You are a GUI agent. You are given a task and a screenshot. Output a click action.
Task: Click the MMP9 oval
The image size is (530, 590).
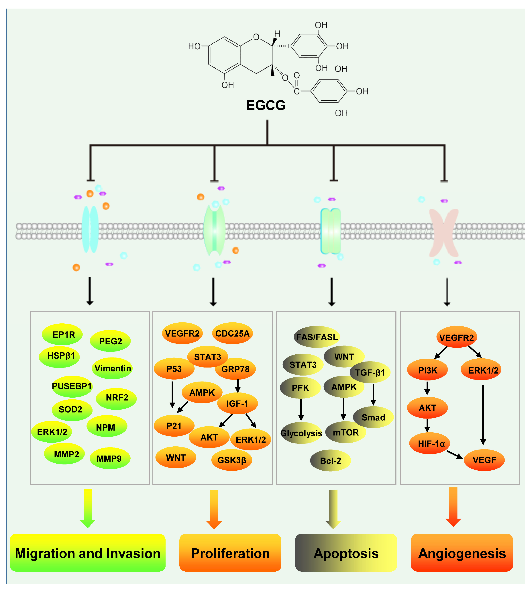pos(109,459)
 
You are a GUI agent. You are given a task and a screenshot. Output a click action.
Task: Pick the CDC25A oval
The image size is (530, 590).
pos(232,333)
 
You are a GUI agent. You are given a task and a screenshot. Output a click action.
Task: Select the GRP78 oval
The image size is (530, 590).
pos(235,369)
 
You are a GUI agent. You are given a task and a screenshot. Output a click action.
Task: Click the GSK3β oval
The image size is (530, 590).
pos(232,460)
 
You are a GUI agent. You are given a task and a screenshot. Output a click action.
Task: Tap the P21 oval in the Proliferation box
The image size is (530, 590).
pos(174,426)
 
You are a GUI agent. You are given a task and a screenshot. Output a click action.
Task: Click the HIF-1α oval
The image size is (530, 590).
pos(430,444)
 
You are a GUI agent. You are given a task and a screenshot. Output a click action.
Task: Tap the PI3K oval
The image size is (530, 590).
pos(427,370)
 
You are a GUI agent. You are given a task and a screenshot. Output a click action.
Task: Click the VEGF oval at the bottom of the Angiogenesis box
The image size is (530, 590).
pos(484,460)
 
